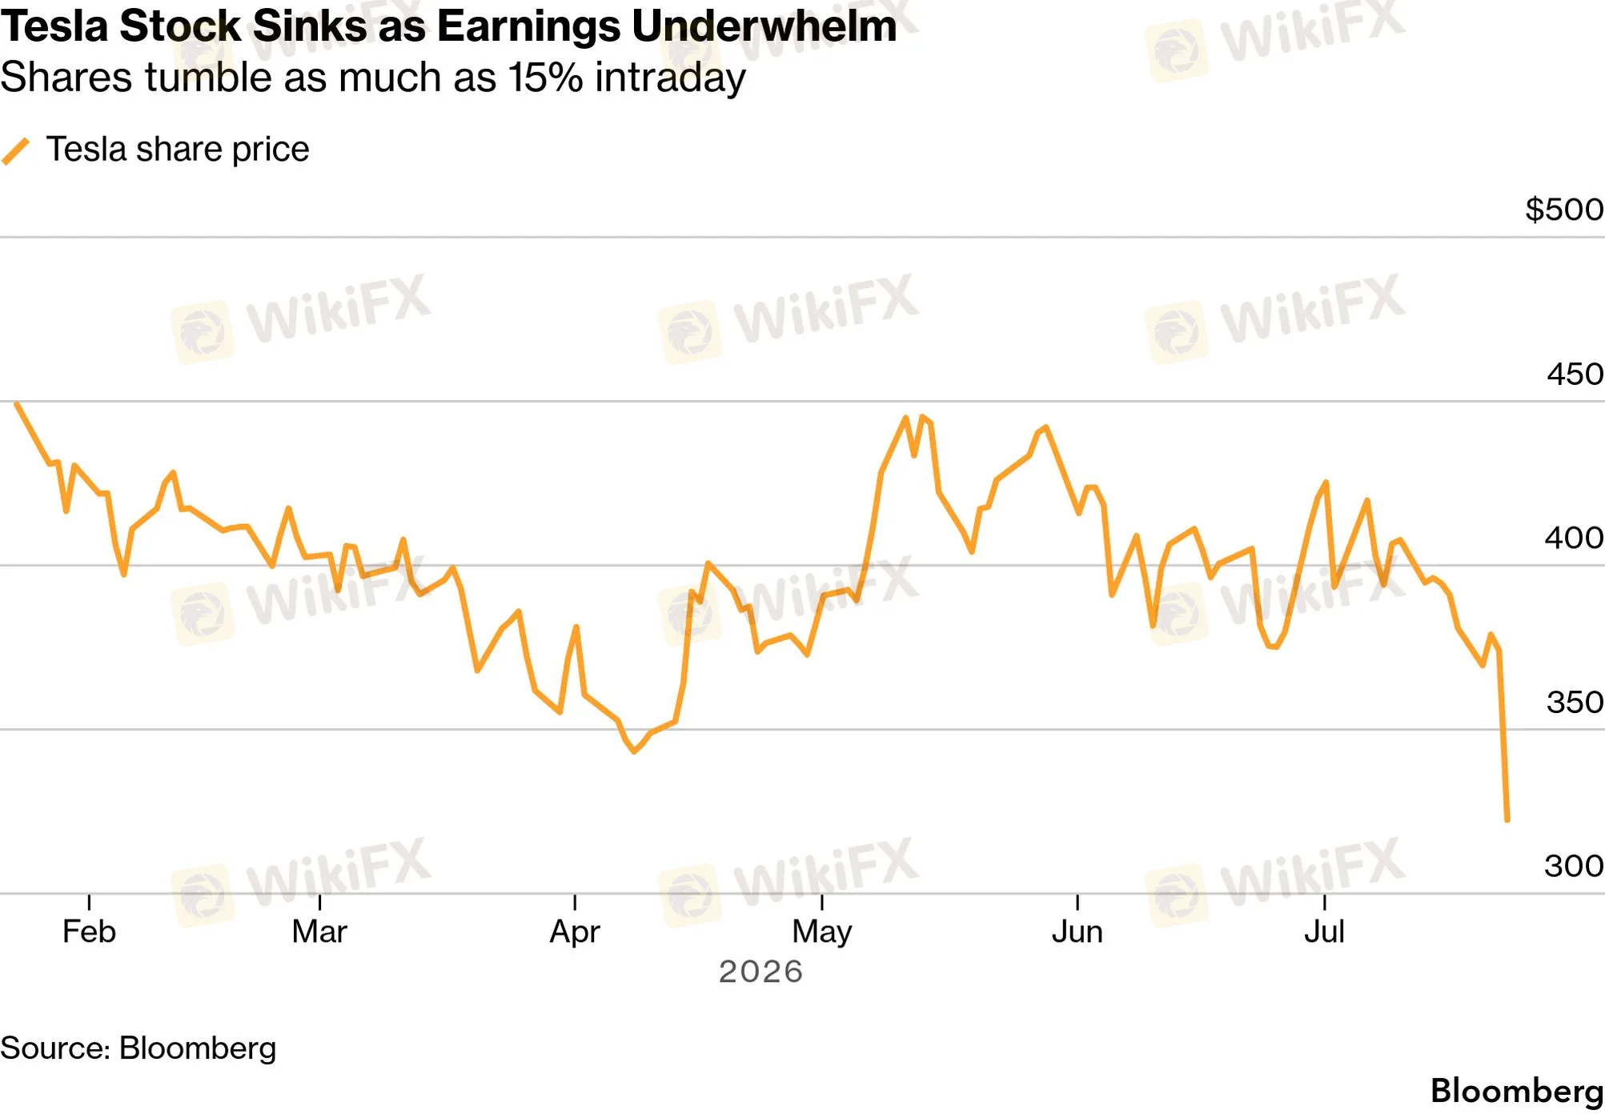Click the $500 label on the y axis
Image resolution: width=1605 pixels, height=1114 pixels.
[x=1564, y=210]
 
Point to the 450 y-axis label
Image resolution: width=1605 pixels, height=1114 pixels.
[x=1575, y=374]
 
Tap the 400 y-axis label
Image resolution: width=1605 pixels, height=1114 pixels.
[x=1574, y=538]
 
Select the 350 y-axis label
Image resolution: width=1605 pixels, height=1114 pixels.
[x=1575, y=702]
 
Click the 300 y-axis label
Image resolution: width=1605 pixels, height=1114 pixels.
[x=1574, y=866]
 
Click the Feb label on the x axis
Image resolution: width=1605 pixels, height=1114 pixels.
[x=89, y=932]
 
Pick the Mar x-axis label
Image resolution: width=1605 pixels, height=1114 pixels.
[x=319, y=932]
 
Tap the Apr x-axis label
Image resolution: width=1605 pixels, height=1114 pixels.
[x=575, y=932]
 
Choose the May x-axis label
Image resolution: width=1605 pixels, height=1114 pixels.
[x=822, y=932]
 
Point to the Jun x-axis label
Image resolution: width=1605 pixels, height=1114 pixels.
[x=1077, y=932]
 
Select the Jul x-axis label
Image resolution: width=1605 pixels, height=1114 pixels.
[x=1325, y=932]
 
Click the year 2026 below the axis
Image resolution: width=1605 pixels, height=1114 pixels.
[x=760, y=972]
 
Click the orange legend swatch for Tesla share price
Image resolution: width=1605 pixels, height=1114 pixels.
[x=16, y=150]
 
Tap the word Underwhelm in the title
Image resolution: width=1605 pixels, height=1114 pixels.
[x=764, y=26]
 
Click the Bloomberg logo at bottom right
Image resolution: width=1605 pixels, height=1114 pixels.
[x=1517, y=1092]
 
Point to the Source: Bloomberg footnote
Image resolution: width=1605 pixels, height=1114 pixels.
[x=138, y=1048]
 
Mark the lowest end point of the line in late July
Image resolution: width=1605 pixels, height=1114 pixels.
[x=1507, y=820]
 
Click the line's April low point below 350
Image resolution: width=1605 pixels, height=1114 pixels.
[x=634, y=751]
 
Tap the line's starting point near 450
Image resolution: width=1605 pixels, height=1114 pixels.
[x=17, y=404]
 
